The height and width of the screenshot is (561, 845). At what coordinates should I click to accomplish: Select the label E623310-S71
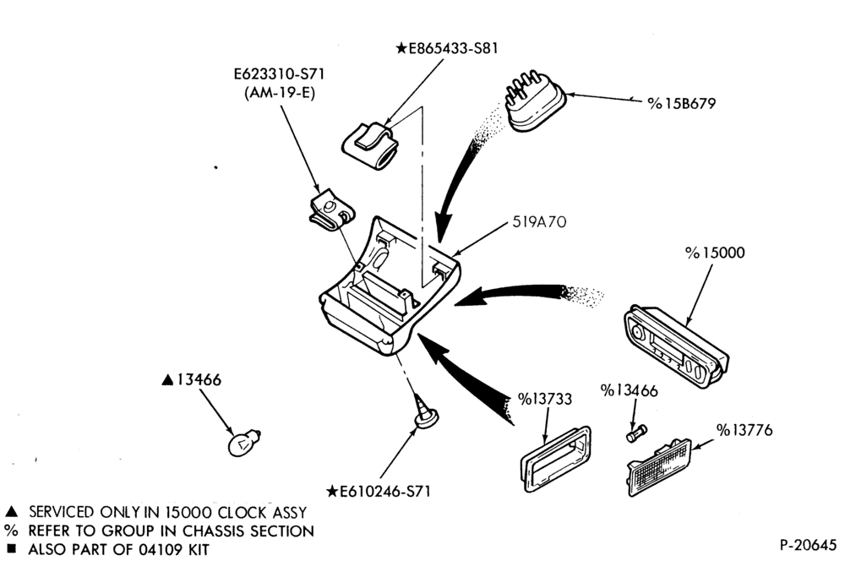[x=279, y=74]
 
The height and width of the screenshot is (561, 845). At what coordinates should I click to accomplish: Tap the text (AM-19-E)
[x=279, y=93]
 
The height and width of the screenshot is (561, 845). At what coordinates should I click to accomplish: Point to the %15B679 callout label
[x=682, y=103]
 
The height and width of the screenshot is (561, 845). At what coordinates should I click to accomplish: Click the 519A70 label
[x=539, y=221]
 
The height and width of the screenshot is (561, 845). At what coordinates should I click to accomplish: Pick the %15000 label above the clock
[x=715, y=253]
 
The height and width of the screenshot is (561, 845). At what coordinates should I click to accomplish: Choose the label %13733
[x=545, y=399]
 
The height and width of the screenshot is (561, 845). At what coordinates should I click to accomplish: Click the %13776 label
[x=744, y=430]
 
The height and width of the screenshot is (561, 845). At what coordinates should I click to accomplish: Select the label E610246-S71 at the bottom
[x=379, y=491]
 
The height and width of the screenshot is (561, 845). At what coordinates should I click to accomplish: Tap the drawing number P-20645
[x=808, y=545]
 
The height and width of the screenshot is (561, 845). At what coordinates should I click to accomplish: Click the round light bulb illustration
[x=243, y=442]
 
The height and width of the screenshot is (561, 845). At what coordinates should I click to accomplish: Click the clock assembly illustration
[x=676, y=346]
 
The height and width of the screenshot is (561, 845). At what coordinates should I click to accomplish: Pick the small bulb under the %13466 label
[x=636, y=433]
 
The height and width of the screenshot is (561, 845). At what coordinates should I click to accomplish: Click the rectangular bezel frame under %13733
[x=555, y=459]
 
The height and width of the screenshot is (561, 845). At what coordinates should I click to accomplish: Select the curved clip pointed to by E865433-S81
[x=371, y=144]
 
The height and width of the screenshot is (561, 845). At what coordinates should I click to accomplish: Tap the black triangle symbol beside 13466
[x=167, y=380]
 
